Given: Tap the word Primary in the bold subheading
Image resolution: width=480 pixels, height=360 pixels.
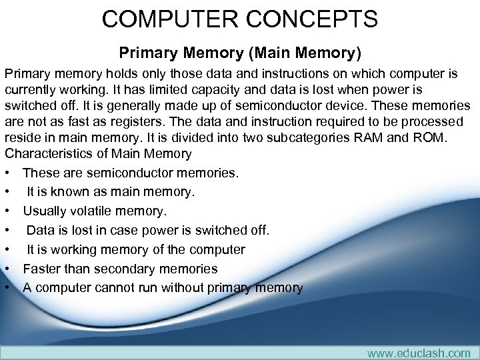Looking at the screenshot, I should point(143,51).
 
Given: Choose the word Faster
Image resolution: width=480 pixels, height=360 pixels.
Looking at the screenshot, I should point(45,269).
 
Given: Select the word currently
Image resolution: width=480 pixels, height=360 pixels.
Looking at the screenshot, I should point(33,89).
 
